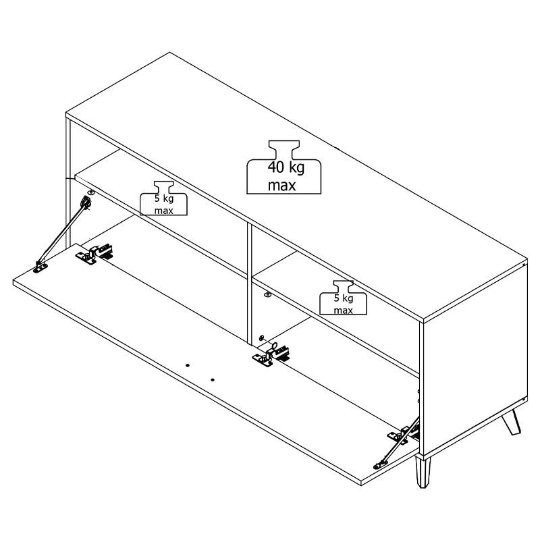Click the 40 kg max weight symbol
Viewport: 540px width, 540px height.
pyautogui.click(x=283, y=167)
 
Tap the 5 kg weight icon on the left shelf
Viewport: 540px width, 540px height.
pyautogui.click(x=163, y=198)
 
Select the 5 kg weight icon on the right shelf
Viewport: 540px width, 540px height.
pyautogui.click(x=344, y=298)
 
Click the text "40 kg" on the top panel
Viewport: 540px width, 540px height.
pyautogui.click(x=286, y=167)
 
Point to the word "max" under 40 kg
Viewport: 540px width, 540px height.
pyautogui.click(x=281, y=186)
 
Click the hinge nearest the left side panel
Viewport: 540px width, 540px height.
pyautogui.click(x=94, y=254)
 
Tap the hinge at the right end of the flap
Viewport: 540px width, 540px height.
pyautogui.click(x=403, y=433)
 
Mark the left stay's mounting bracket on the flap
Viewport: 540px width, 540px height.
pyautogui.click(x=40, y=267)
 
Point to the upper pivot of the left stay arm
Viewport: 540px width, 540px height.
pyautogui.click(x=86, y=202)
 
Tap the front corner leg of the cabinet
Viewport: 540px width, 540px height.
pyautogui.click(x=423, y=472)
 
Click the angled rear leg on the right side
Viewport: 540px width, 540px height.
pyautogui.click(x=511, y=423)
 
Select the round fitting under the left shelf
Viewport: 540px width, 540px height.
pyautogui.click(x=90, y=192)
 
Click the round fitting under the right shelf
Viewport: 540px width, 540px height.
pyautogui.click(x=267, y=294)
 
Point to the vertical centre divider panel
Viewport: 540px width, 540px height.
pyautogui.click(x=250, y=283)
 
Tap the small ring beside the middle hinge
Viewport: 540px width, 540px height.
pyautogui.click(x=275, y=346)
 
